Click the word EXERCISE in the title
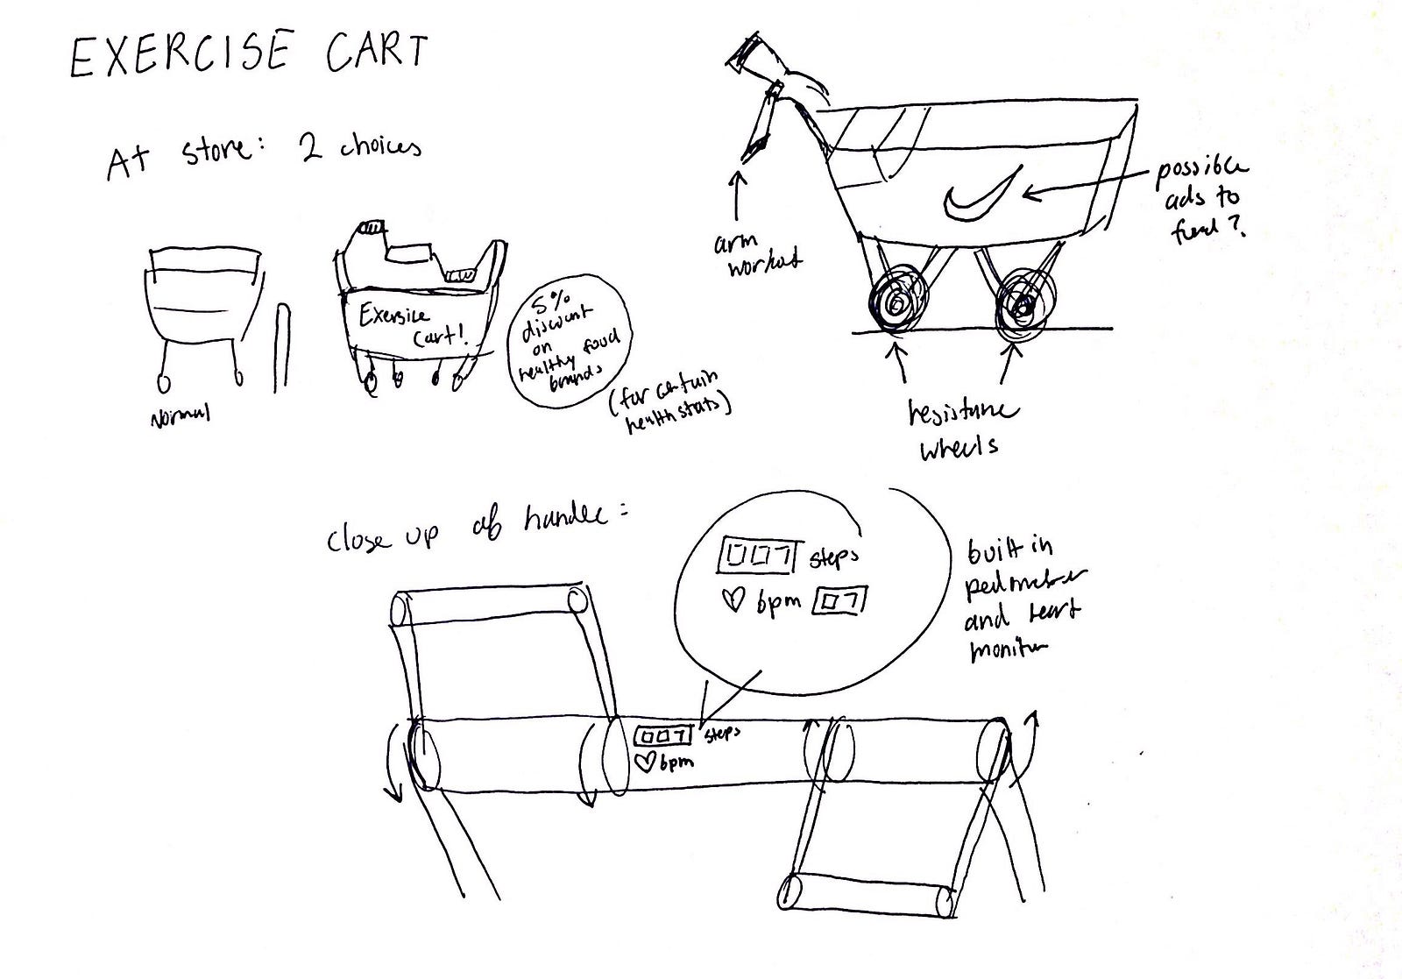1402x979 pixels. point(179,54)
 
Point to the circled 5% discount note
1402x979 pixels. point(571,337)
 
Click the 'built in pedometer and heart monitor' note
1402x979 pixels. point(1022,601)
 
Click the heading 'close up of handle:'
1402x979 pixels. point(478,529)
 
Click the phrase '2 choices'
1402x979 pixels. point(354,147)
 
